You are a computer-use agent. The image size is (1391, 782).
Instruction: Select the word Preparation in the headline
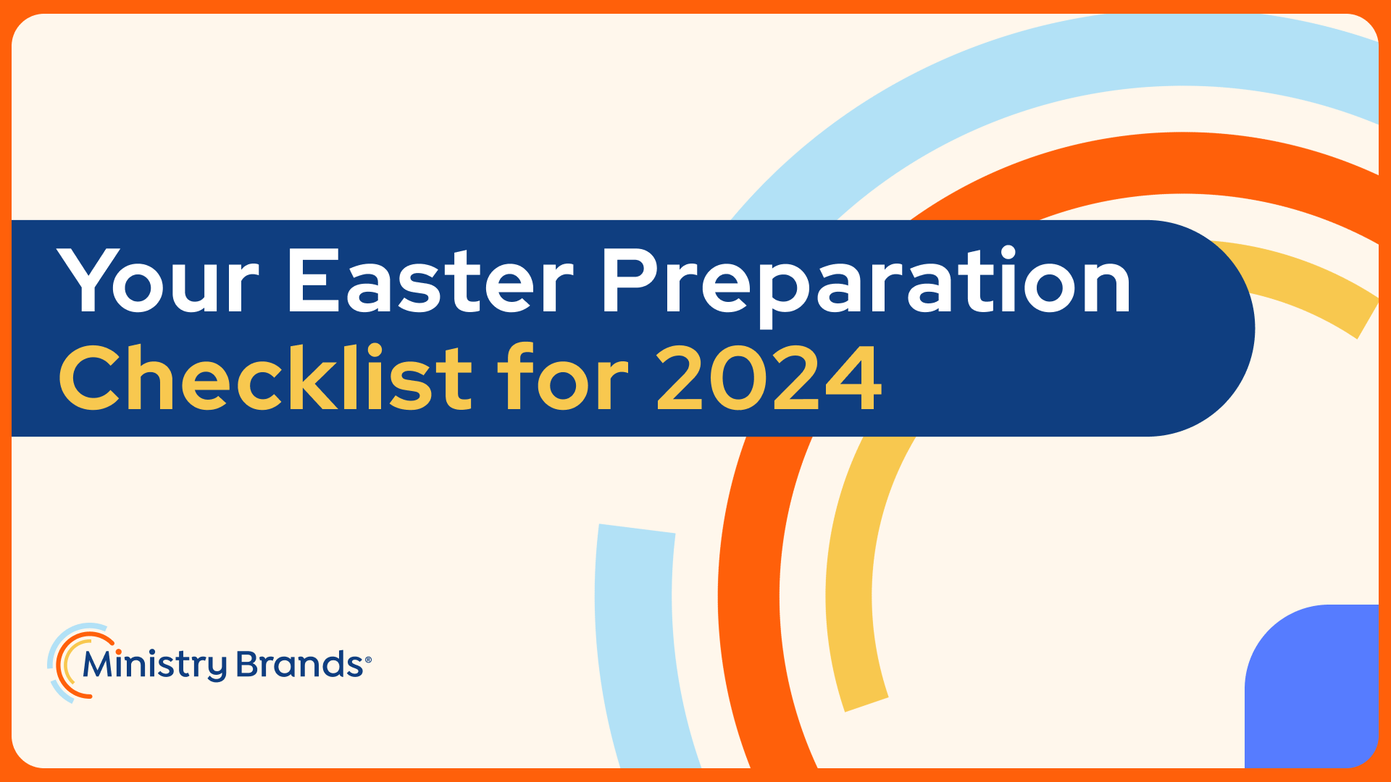(x=866, y=286)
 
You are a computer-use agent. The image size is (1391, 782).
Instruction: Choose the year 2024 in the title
(x=769, y=377)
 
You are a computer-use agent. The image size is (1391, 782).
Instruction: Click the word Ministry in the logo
(x=155, y=665)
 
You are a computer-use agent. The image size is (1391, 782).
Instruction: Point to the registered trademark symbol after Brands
(x=368, y=660)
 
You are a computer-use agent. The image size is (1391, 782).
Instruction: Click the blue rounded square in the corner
(x=1312, y=686)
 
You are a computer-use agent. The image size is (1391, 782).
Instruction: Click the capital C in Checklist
(x=90, y=377)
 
